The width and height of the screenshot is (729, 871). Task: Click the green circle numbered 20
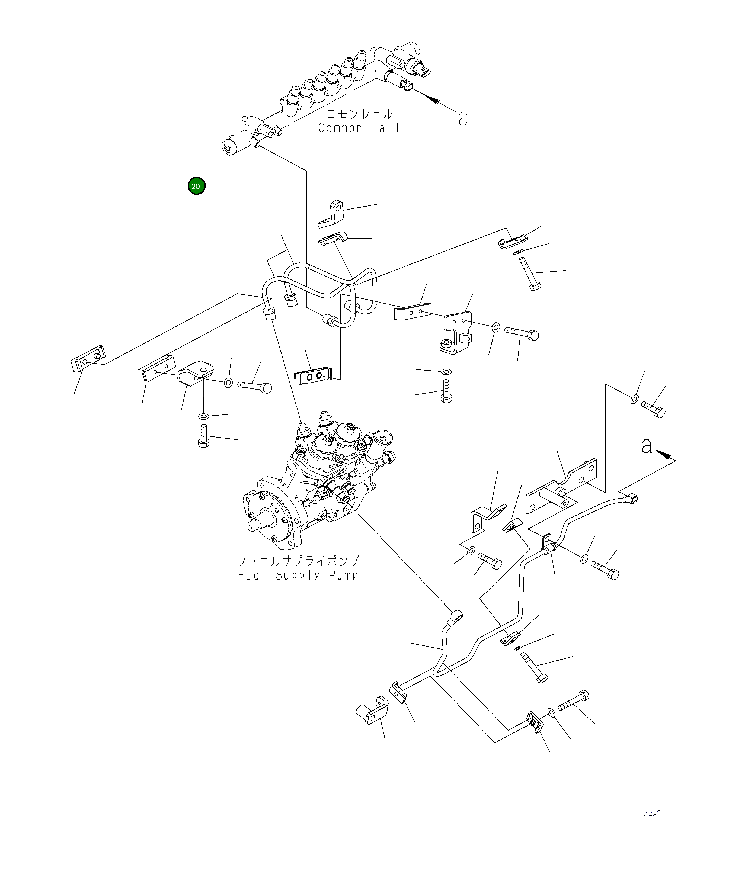[196, 186]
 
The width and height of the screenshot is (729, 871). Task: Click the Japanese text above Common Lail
[359, 114]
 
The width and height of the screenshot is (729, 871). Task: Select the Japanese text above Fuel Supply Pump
[298, 562]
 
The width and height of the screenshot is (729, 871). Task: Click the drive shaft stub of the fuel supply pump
[253, 526]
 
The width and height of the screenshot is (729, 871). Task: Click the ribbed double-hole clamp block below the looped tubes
[313, 376]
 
